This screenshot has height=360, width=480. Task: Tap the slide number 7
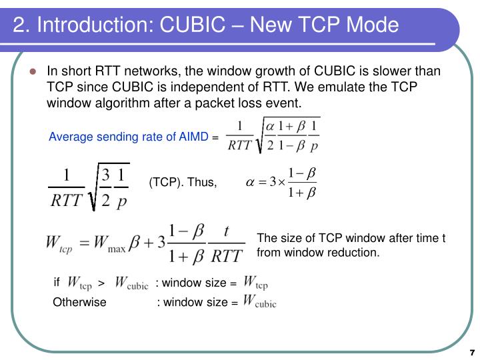[471, 351]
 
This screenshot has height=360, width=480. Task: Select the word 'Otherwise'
[79, 302]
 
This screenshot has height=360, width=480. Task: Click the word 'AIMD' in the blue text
[193, 137]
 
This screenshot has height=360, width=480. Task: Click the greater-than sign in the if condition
[101, 283]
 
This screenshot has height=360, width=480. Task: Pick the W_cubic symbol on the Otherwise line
[259, 301]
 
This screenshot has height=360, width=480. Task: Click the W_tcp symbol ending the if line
[256, 283]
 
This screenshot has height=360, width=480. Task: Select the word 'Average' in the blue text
[70, 137]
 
